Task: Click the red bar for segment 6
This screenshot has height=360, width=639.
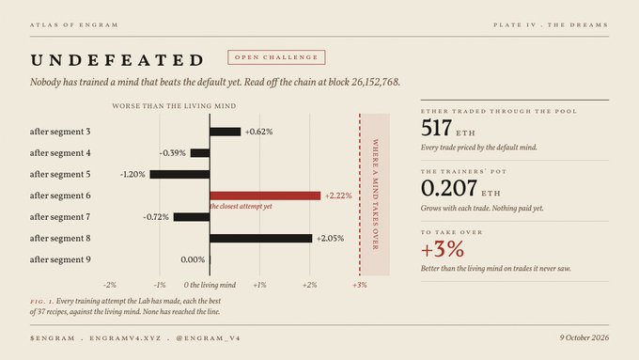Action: [265, 196]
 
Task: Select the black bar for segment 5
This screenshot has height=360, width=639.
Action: [179, 175]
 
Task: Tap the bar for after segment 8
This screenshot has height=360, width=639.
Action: [261, 238]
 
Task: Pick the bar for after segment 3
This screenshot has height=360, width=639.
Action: [226, 132]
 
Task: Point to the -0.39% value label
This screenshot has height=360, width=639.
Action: [173, 153]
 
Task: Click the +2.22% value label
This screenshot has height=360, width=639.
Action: [338, 196]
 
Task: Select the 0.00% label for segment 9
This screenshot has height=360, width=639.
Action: [193, 259]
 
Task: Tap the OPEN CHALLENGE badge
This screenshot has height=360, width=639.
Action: [276, 57]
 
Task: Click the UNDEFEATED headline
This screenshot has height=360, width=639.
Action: [117, 60]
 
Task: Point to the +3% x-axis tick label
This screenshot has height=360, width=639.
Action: [359, 285]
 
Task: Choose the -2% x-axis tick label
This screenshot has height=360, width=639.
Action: [110, 285]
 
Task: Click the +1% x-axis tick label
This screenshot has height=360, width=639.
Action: [259, 285]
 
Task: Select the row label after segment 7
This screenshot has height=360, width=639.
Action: [60, 217]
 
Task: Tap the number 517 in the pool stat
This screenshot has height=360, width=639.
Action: [436, 128]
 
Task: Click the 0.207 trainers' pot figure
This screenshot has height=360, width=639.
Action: [449, 188]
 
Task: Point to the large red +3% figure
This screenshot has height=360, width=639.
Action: [443, 249]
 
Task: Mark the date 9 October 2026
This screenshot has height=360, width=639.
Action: [584, 337]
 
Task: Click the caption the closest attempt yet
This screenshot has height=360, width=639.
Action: [242, 206]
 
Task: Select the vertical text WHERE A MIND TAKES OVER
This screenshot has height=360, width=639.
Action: [375, 195]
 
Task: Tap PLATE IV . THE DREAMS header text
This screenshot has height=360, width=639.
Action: [551, 24]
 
